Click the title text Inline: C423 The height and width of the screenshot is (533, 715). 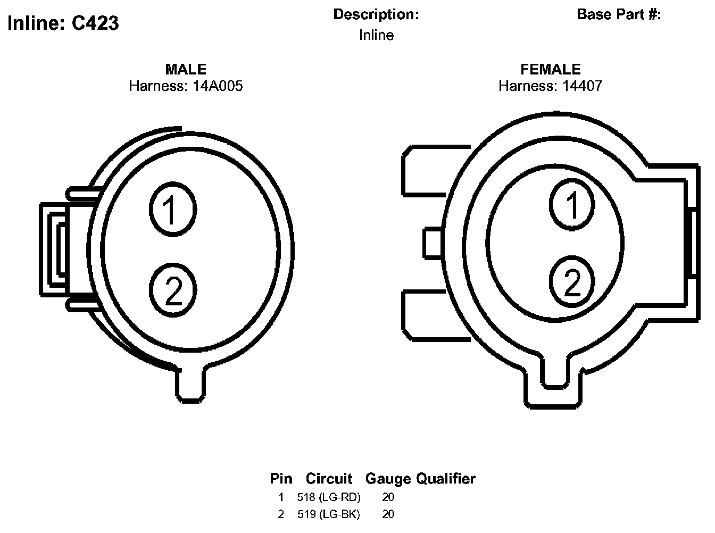(x=63, y=23)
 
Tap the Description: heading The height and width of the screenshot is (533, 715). (x=376, y=14)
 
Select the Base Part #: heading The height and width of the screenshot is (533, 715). (x=619, y=14)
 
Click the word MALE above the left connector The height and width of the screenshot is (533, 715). (x=186, y=69)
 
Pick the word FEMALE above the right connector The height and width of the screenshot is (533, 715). (x=550, y=69)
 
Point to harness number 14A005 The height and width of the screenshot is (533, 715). (x=218, y=86)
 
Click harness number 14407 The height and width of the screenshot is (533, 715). (x=582, y=86)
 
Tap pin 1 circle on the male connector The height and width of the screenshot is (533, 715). (x=173, y=209)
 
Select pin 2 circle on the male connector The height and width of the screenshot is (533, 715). (x=173, y=290)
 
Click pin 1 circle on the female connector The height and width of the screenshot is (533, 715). (x=572, y=204)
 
